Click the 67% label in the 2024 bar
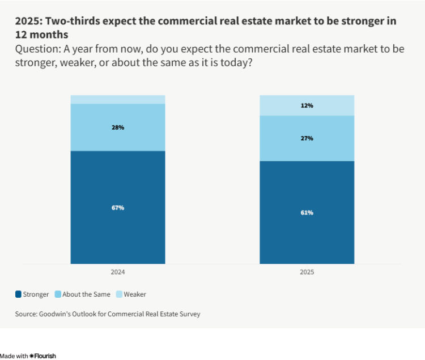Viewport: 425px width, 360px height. tap(118, 208)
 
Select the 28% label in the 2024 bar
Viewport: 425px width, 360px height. tap(118, 127)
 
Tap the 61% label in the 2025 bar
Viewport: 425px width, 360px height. tap(307, 213)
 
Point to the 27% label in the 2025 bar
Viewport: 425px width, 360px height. tap(307, 138)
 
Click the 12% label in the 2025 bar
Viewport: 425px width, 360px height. tap(307, 105)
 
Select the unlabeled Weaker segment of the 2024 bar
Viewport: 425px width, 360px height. tap(118, 100)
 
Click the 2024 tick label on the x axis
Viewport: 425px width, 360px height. tap(118, 272)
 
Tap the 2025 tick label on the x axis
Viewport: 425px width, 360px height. tap(307, 272)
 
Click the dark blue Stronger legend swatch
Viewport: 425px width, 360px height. tap(19, 294)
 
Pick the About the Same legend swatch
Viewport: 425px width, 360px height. tap(58, 294)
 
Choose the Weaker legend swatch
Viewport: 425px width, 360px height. tap(119, 294)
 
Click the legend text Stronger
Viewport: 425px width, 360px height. tap(36, 294)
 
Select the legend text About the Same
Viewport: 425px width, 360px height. tap(86, 294)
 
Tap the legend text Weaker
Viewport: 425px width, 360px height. tap(135, 294)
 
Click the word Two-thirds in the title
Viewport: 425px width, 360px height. tap(69, 22)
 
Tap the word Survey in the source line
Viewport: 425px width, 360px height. tap(189, 314)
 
